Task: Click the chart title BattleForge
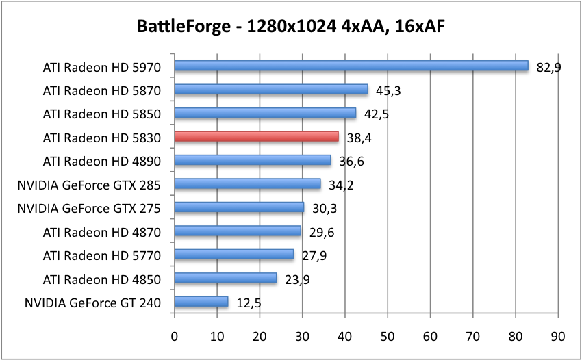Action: (x=291, y=27)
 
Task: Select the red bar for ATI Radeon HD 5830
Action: (x=257, y=136)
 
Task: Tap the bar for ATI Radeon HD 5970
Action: (x=351, y=66)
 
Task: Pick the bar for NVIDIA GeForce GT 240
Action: (x=201, y=301)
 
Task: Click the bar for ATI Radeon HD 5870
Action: (x=271, y=90)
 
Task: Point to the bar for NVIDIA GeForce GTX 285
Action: (x=247, y=183)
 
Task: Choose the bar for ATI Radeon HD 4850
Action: (x=225, y=278)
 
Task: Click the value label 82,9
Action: (x=549, y=67)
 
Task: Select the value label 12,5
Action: (x=249, y=303)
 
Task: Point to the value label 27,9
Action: (x=314, y=256)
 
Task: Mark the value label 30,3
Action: (x=325, y=209)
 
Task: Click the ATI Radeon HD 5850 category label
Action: (x=101, y=114)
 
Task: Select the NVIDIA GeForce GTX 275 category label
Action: (x=88, y=208)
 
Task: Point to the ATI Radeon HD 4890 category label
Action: (x=101, y=161)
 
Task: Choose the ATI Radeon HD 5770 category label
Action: (x=101, y=255)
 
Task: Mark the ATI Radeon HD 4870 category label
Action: (x=101, y=232)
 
